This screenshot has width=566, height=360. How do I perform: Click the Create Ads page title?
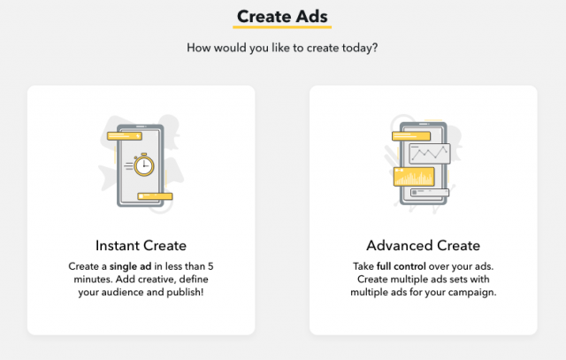pyautogui.click(x=282, y=17)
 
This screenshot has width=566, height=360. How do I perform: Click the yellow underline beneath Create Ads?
pyautogui.click(x=282, y=27)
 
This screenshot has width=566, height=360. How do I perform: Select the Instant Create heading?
pyautogui.click(x=141, y=246)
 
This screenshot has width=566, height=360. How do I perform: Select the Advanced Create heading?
pyautogui.click(x=423, y=246)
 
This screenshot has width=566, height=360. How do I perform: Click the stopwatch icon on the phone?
pyautogui.click(x=143, y=165)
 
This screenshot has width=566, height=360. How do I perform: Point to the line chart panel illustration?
pyautogui.click(x=430, y=153)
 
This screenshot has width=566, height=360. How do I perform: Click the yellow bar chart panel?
pyautogui.click(x=414, y=177)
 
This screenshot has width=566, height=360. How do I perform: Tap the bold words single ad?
pyautogui.click(x=130, y=266)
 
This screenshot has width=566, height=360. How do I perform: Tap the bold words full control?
pyautogui.click(x=401, y=266)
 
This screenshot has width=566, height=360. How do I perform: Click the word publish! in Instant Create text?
pyautogui.click(x=185, y=292)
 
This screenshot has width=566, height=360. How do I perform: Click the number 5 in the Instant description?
pyautogui.click(x=210, y=266)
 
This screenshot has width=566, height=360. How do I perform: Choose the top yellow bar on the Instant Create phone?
pyautogui.click(x=125, y=136)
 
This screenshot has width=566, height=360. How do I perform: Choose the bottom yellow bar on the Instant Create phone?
pyautogui.click(x=155, y=196)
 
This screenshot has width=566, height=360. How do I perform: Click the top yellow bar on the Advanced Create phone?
pyautogui.click(x=411, y=136)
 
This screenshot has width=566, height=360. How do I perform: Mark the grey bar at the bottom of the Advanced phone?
pyautogui.click(x=430, y=193)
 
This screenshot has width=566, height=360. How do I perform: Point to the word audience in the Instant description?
pyautogui.click(x=123, y=292)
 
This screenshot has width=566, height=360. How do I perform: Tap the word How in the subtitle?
pyautogui.click(x=198, y=48)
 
